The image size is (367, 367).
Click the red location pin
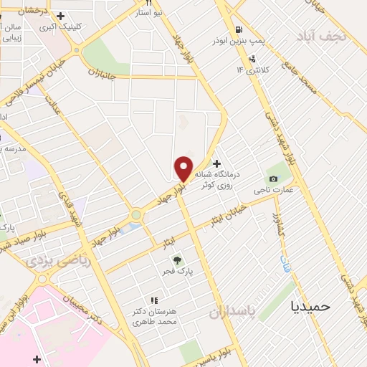tap(183, 168)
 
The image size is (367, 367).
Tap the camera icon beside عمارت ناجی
tap(272, 178)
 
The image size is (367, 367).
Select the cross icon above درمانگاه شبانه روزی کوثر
tap(216, 164)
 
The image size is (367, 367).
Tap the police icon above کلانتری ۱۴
tap(252, 59)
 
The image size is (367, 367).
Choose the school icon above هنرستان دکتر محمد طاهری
tap(153, 301)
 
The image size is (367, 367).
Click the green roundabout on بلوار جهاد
tap(135, 214)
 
